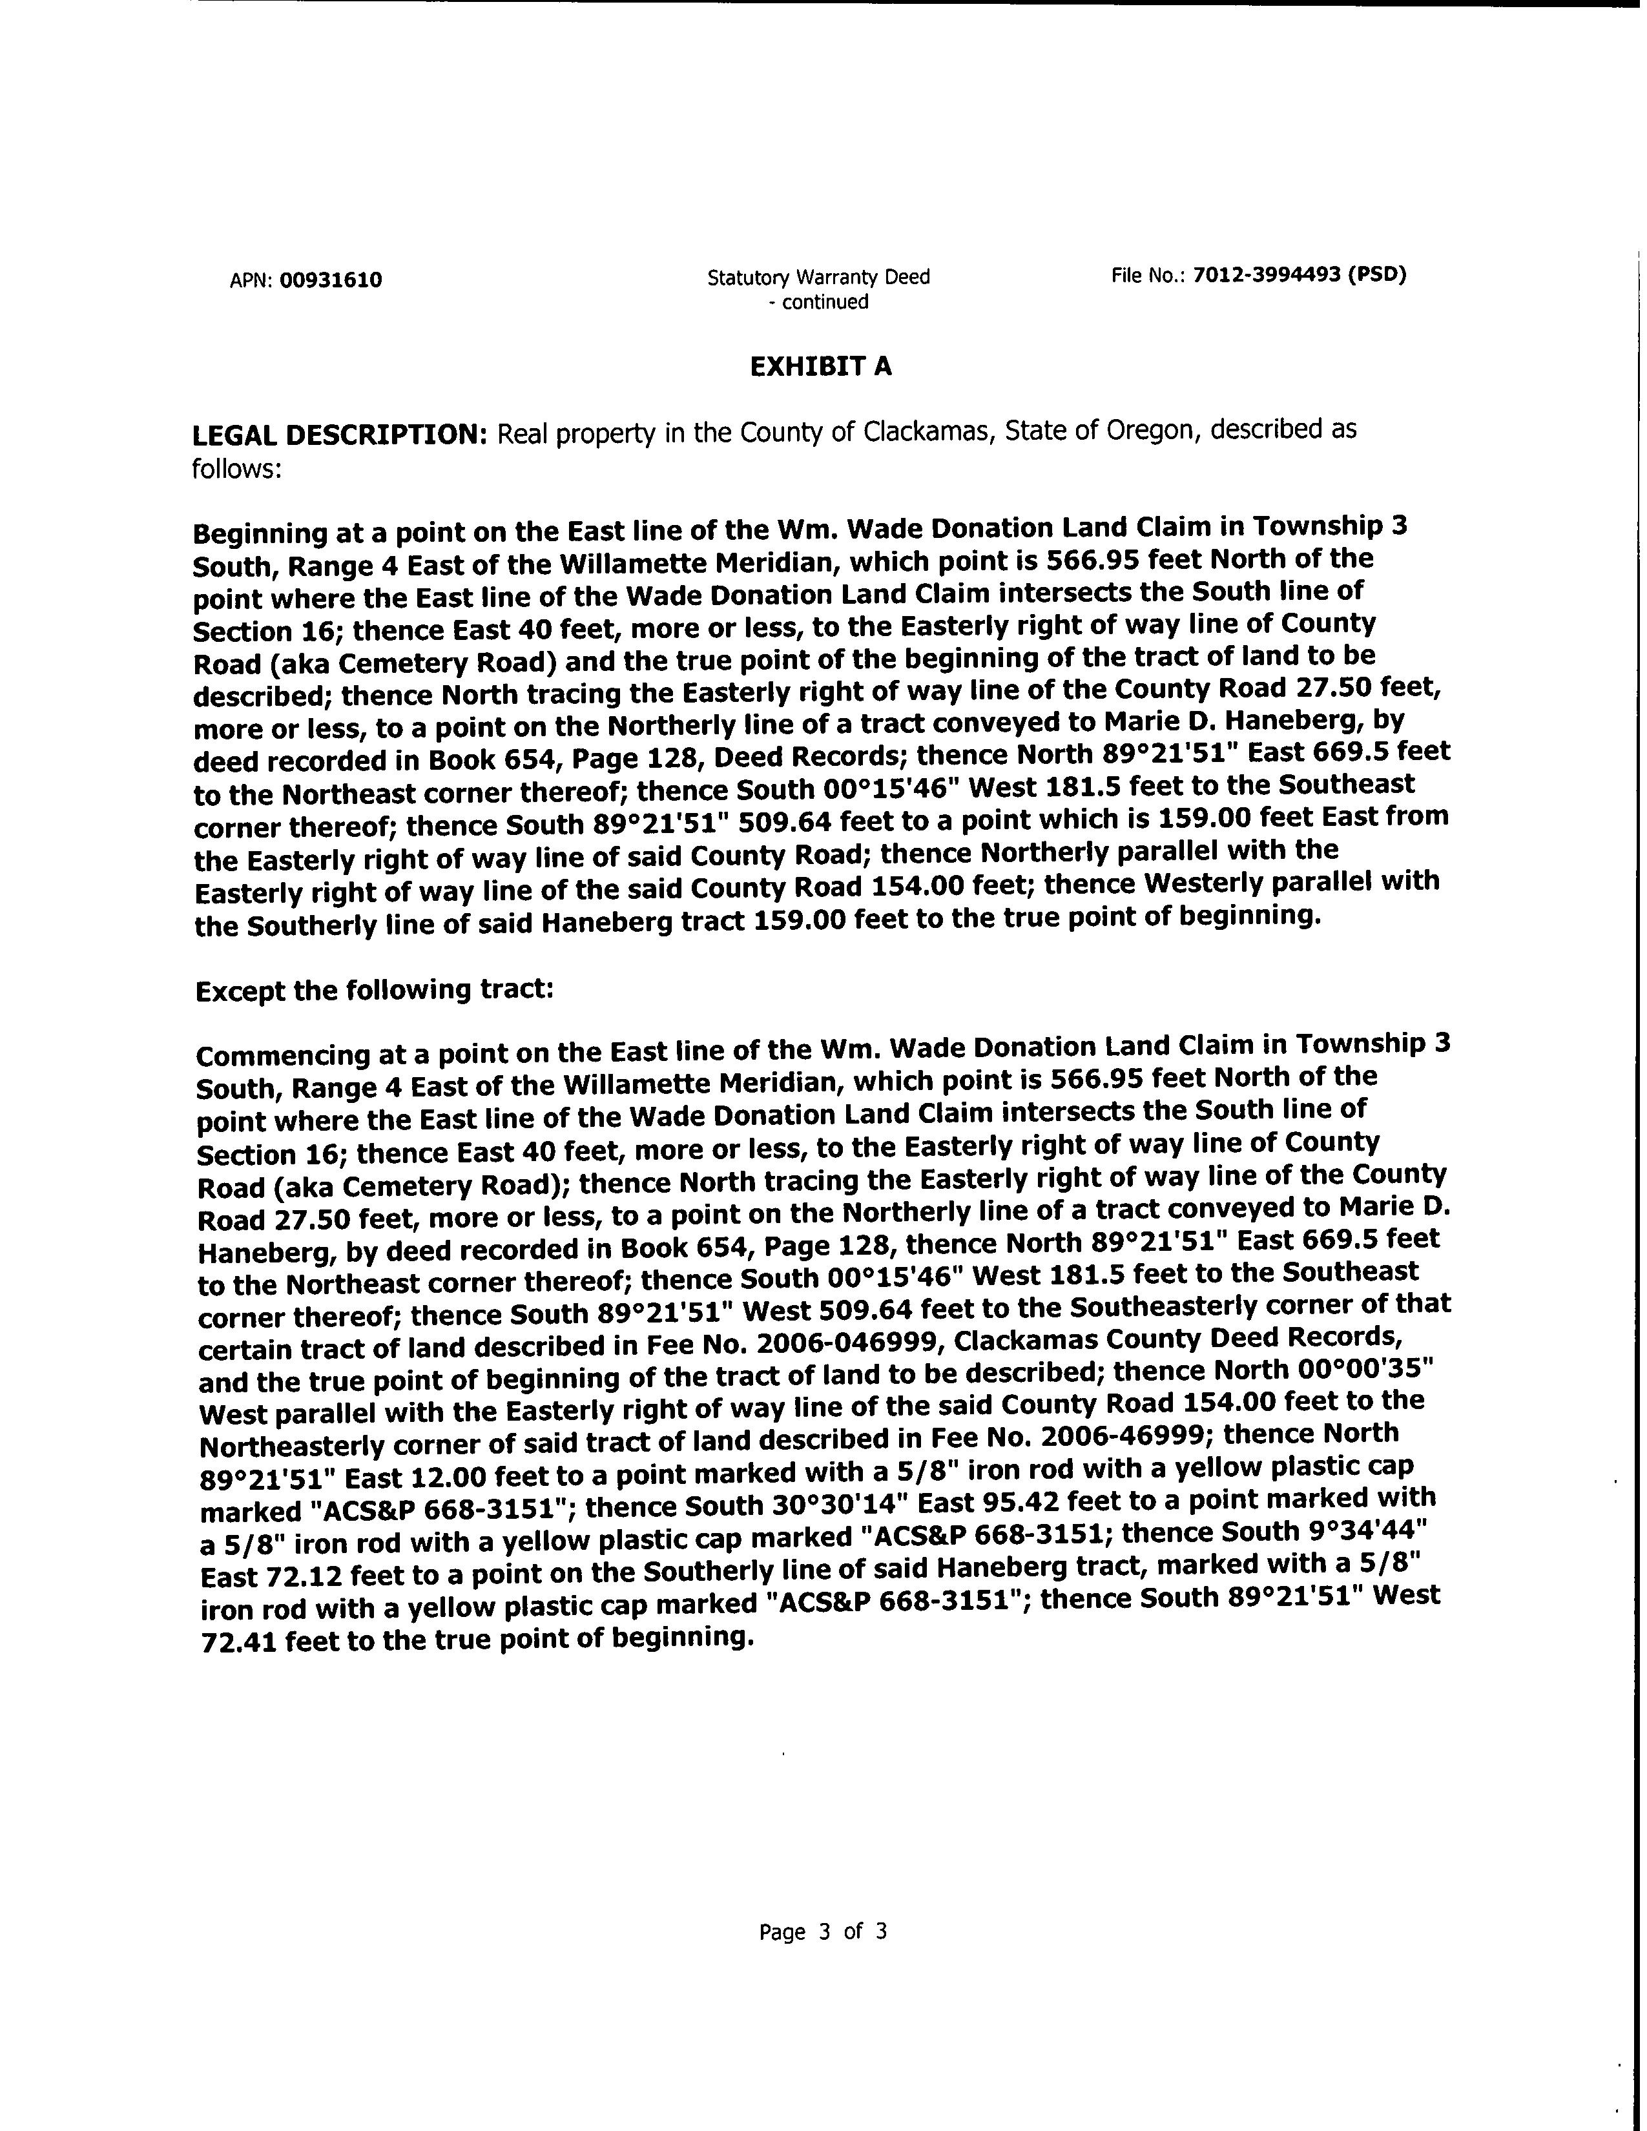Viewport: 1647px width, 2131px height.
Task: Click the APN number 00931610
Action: point(331,281)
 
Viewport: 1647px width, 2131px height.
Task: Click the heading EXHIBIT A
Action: point(820,367)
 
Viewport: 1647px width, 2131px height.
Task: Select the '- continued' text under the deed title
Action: point(818,302)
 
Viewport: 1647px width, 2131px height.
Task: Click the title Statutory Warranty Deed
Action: point(818,277)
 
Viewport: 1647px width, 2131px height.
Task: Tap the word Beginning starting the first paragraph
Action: point(260,534)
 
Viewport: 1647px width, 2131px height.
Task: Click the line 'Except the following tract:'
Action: point(375,991)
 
